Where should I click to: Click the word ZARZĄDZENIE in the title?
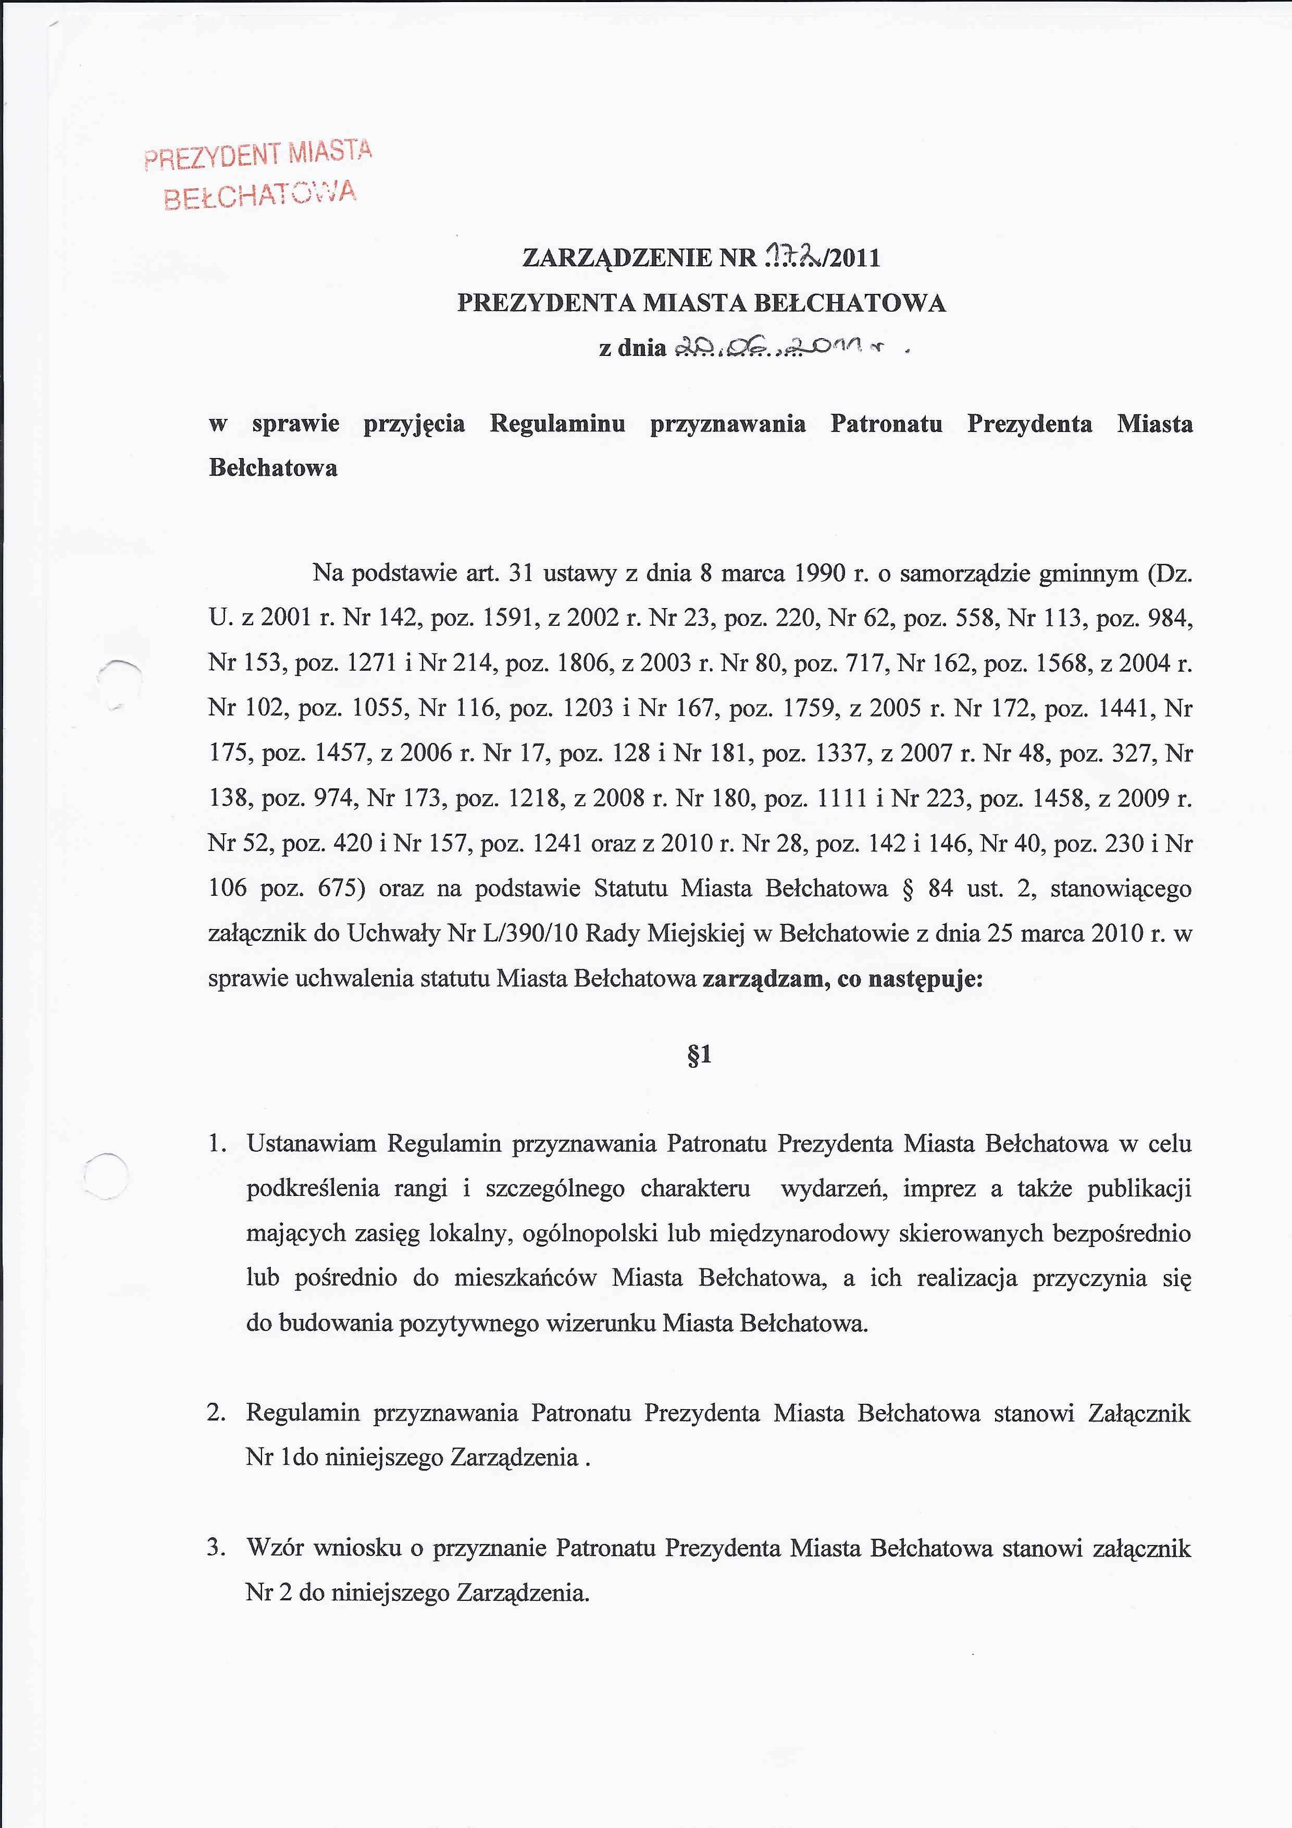coord(617,258)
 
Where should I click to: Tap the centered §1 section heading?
coord(698,1056)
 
